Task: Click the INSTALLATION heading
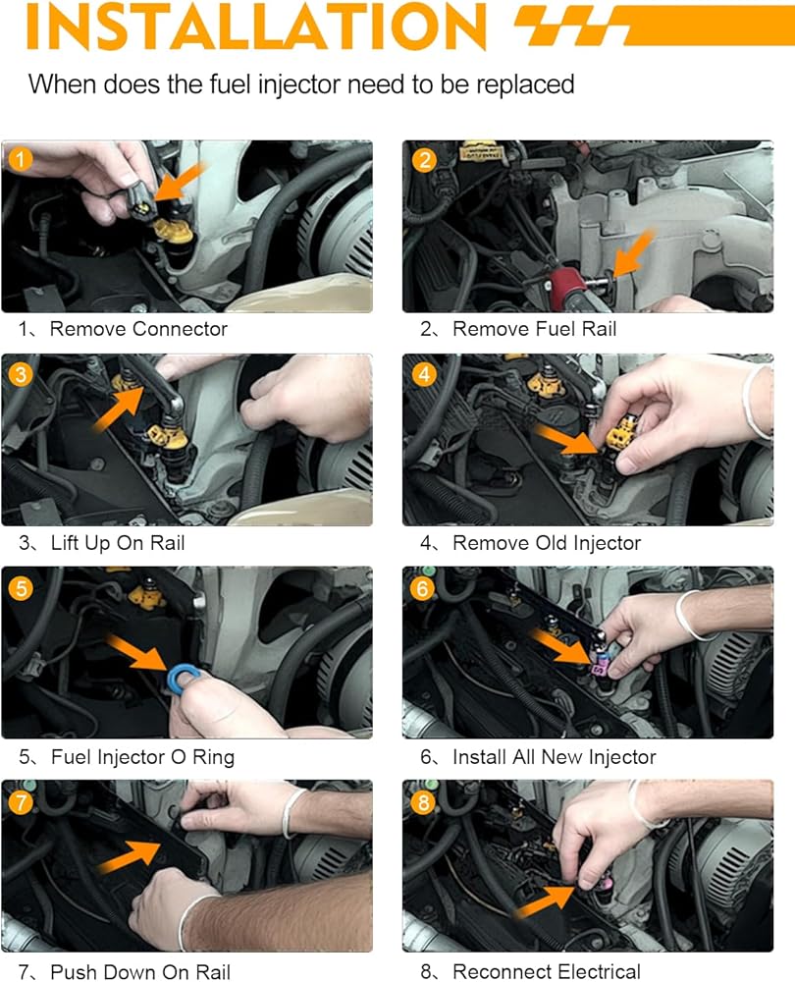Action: [x=256, y=26]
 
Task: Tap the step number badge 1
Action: [x=20, y=159]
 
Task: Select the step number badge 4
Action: [x=424, y=374]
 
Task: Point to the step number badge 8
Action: [x=423, y=802]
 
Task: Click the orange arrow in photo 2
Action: [x=633, y=253]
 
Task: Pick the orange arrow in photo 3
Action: [x=118, y=409]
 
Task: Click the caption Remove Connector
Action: [x=138, y=329]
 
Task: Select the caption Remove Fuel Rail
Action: [x=534, y=329]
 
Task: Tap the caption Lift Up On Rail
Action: [x=118, y=543]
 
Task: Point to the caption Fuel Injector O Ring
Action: [x=142, y=757]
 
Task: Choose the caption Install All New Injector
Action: [x=554, y=757]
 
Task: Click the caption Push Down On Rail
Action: [x=140, y=971]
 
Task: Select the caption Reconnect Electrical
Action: [x=547, y=971]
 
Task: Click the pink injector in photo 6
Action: [x=600, y=665]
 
